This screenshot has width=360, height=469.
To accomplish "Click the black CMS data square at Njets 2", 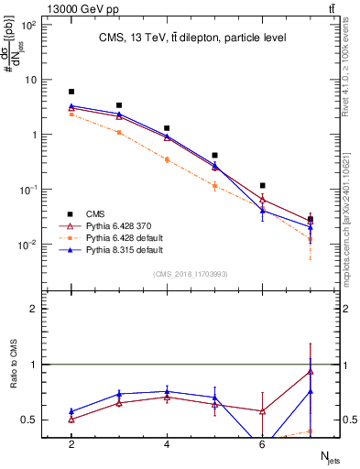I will (71, 92).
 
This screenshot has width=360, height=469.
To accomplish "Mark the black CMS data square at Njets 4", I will (167, 128).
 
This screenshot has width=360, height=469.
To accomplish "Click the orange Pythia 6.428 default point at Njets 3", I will (119, 132).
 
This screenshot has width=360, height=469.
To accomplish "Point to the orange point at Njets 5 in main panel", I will (214, 186).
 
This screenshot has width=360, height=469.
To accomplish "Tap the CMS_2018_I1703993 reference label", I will (191, 274).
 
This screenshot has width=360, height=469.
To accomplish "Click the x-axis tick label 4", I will (167, 444).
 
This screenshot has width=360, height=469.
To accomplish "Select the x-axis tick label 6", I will (262, 444).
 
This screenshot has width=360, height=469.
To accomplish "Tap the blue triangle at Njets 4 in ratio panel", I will (167, 391).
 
